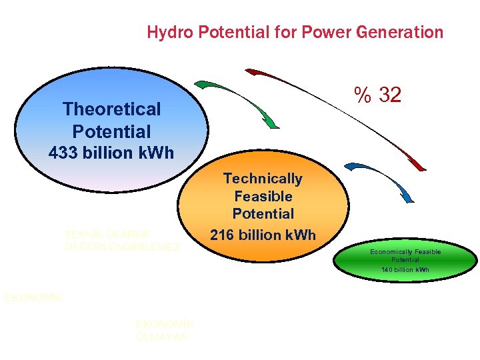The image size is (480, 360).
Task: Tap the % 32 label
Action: tap(378, 95)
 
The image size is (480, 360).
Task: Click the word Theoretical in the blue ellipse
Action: tap(111, 109)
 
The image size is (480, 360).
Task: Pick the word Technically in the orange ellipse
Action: tap(263, 179)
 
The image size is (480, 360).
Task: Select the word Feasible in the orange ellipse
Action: tap(263, 197)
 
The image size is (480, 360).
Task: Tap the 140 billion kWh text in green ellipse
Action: tap(405, 269)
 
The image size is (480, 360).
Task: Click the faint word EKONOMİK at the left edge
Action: tap(33, 298)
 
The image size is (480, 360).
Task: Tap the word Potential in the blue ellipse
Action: tap(111, 131)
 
